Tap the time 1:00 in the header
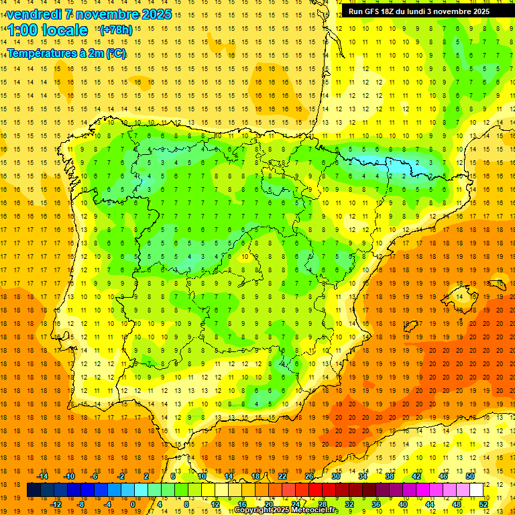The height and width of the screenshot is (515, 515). [x=22, y=30]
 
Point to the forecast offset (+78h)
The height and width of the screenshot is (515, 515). [x=115, y=30]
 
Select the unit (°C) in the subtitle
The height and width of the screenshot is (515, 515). [x=115, y=54]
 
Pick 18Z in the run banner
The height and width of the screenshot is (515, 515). [x=393, y=11]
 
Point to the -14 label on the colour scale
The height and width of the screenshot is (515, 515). [x=42, y=476]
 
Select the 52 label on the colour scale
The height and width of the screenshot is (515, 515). [x=483, y=504]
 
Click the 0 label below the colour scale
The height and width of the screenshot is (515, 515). [x=132, y=504]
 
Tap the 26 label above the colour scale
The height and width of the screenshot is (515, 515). [x=308, y=476]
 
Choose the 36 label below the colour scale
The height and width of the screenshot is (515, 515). [x=376, y=504]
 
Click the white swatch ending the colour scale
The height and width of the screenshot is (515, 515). [x=476, y=490]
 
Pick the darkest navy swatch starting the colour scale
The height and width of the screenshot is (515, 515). [x=34, y=490]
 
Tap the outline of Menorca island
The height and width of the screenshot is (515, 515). [x=498, y=282]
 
